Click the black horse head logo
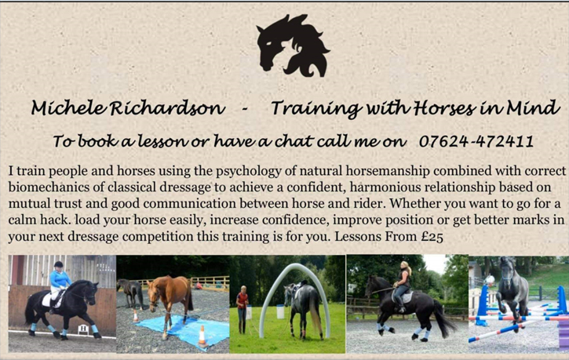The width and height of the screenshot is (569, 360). point(292,45)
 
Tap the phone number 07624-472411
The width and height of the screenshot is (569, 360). point(476,141)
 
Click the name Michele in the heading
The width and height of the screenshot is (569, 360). point(69,107)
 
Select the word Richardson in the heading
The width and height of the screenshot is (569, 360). point(167,107)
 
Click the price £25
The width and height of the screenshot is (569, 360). point(432,236)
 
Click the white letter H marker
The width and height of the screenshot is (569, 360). point(83,329)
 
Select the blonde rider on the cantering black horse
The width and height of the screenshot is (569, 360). point(403,285)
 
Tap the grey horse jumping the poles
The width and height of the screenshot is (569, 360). point(512,290)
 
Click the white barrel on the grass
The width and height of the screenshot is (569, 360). point(280,311)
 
